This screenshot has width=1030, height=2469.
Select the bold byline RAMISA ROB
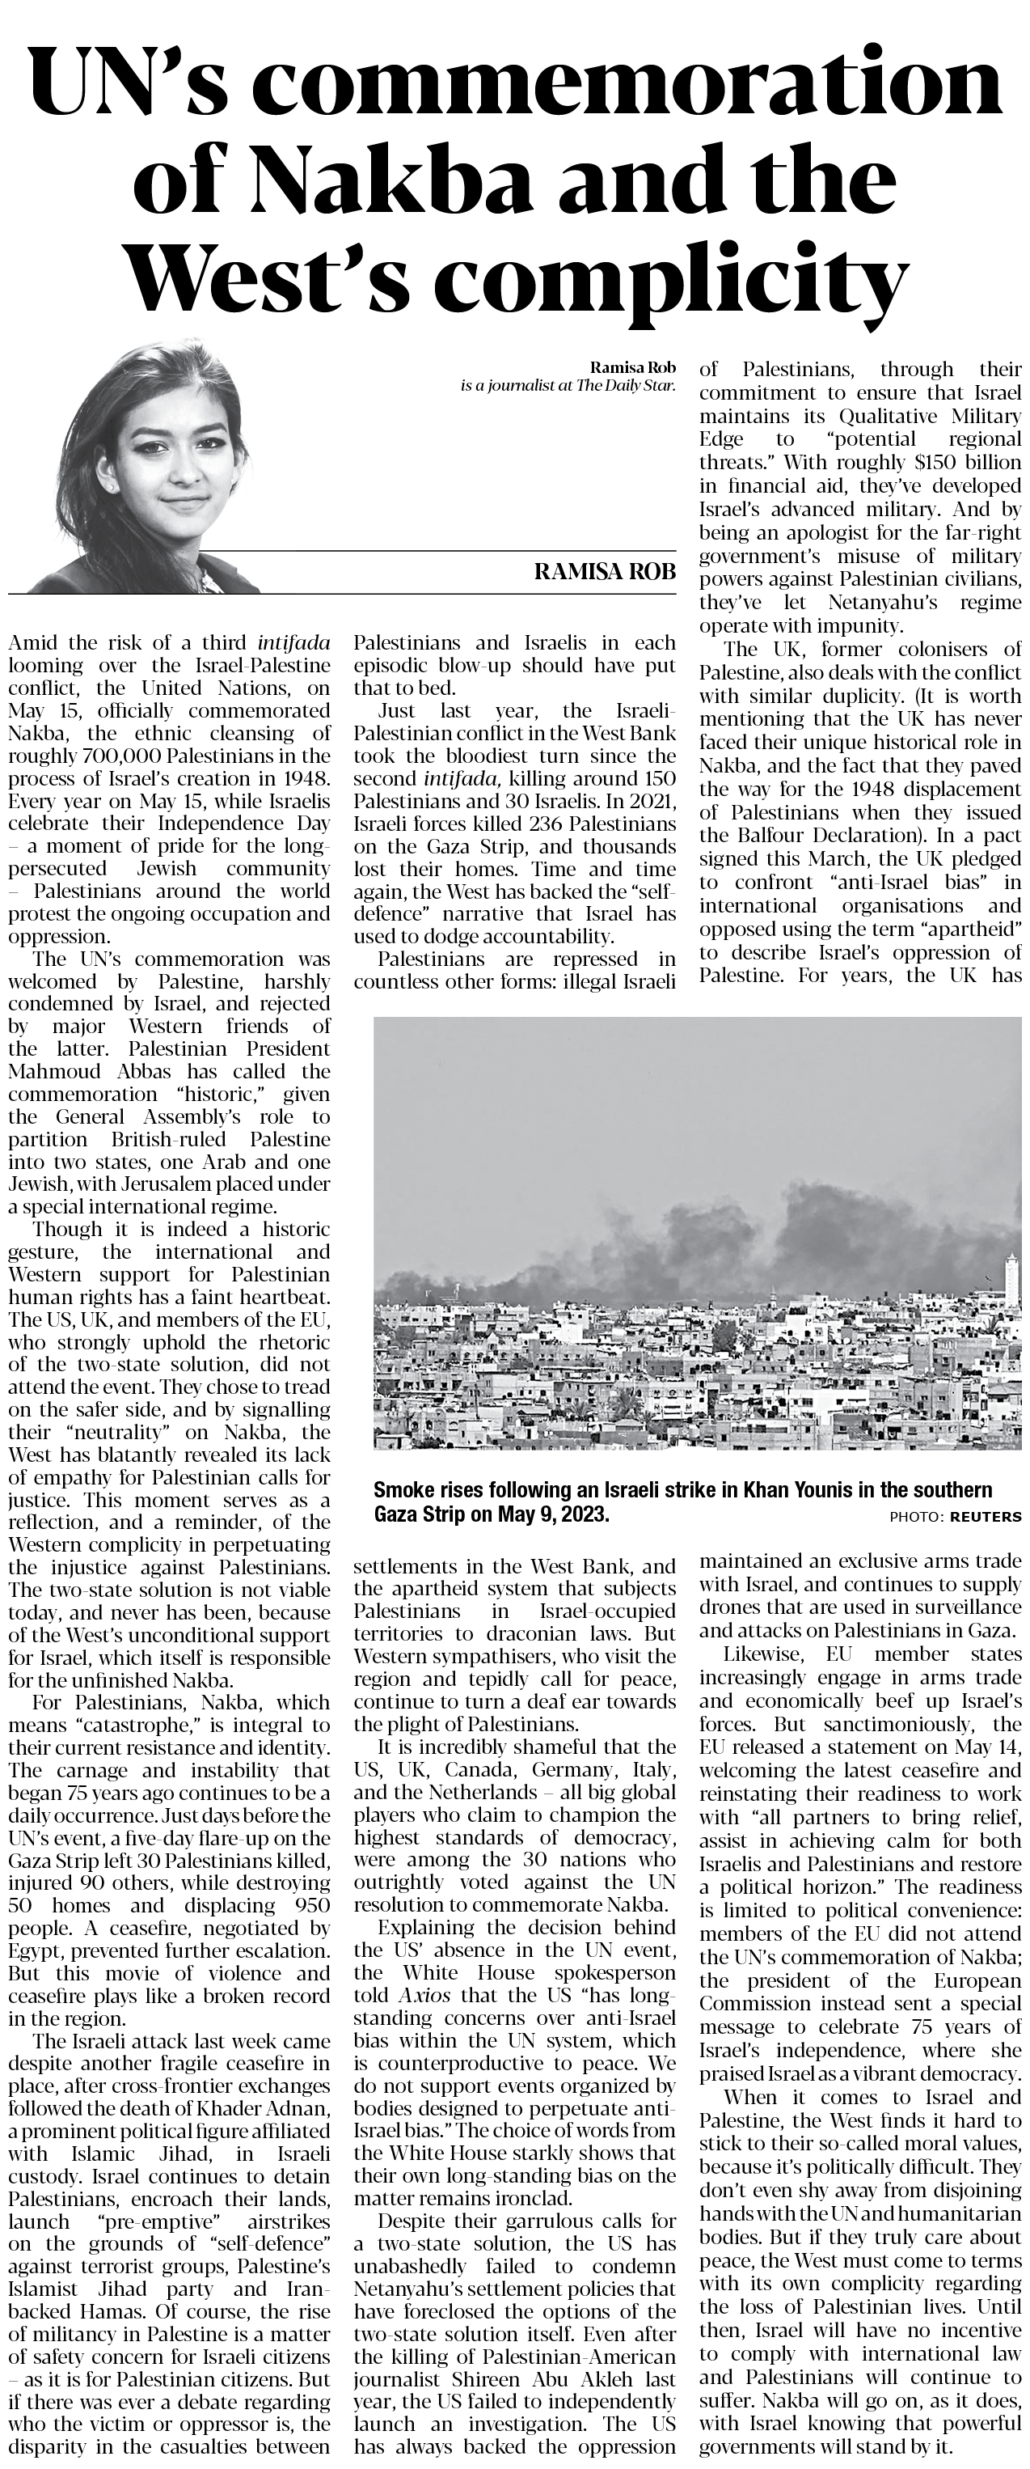click(x=604, y=573)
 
